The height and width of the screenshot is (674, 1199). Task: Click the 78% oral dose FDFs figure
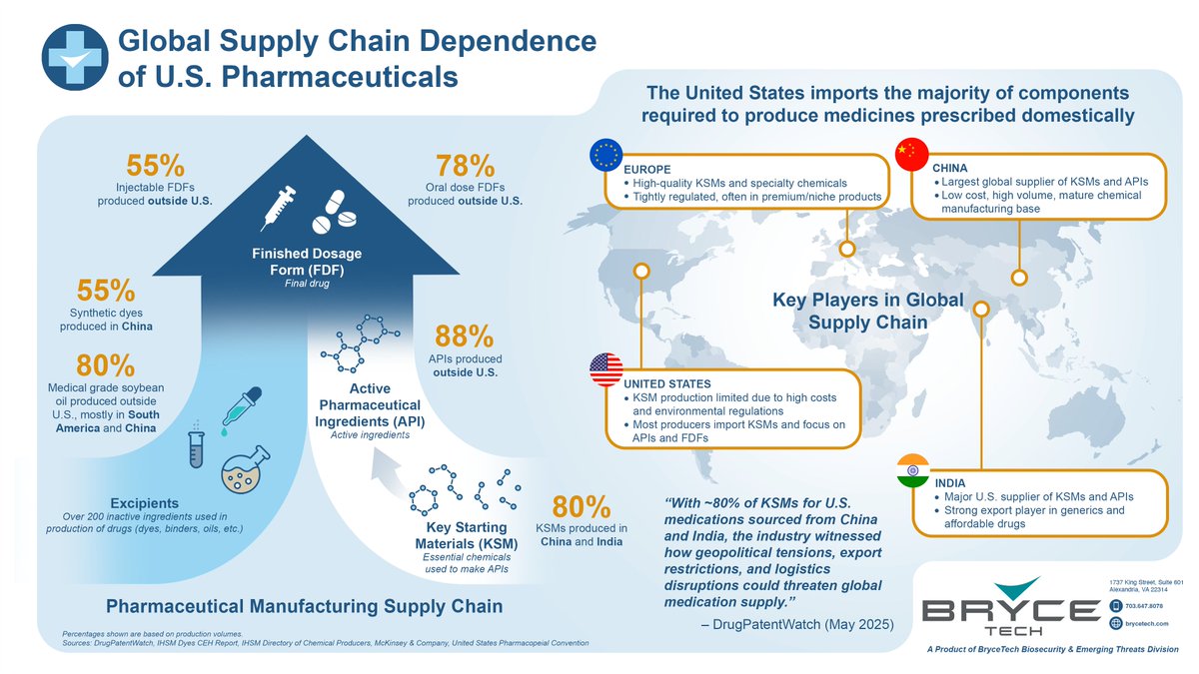(465, 168)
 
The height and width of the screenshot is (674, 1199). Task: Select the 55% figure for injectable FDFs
(155, 168)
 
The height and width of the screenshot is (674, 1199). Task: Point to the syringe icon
(280, 208)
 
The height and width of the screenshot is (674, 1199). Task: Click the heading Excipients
(146, 502)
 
